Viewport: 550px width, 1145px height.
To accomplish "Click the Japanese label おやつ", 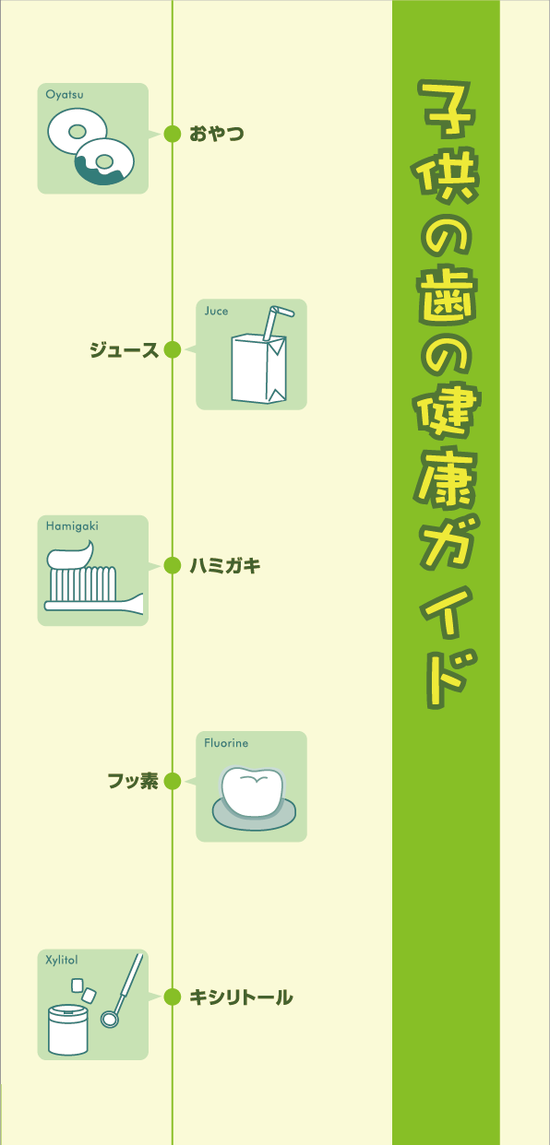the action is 217,134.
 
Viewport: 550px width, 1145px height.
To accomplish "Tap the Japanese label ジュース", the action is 125,350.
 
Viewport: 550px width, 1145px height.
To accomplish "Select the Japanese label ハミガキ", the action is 225,565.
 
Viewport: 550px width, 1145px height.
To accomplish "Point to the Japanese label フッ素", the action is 133,781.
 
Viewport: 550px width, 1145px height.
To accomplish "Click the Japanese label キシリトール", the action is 241,997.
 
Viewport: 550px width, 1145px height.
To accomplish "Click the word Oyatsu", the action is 65,95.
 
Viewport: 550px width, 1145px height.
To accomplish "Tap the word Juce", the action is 216,311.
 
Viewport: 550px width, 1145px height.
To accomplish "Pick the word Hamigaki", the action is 72,526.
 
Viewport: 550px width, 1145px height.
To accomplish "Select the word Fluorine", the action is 226,743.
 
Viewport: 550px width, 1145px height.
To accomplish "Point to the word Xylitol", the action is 62,960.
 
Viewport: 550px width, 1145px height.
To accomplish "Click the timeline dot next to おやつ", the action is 173,134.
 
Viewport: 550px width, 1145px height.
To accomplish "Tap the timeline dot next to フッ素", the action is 173,781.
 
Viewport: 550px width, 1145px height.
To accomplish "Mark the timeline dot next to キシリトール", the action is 173,997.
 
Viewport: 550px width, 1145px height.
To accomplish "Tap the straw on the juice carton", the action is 275,321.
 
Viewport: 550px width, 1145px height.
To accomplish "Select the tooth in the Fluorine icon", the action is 252,791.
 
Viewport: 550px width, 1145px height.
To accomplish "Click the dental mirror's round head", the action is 110,1018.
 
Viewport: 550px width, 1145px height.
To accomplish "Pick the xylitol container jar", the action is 67,1030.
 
